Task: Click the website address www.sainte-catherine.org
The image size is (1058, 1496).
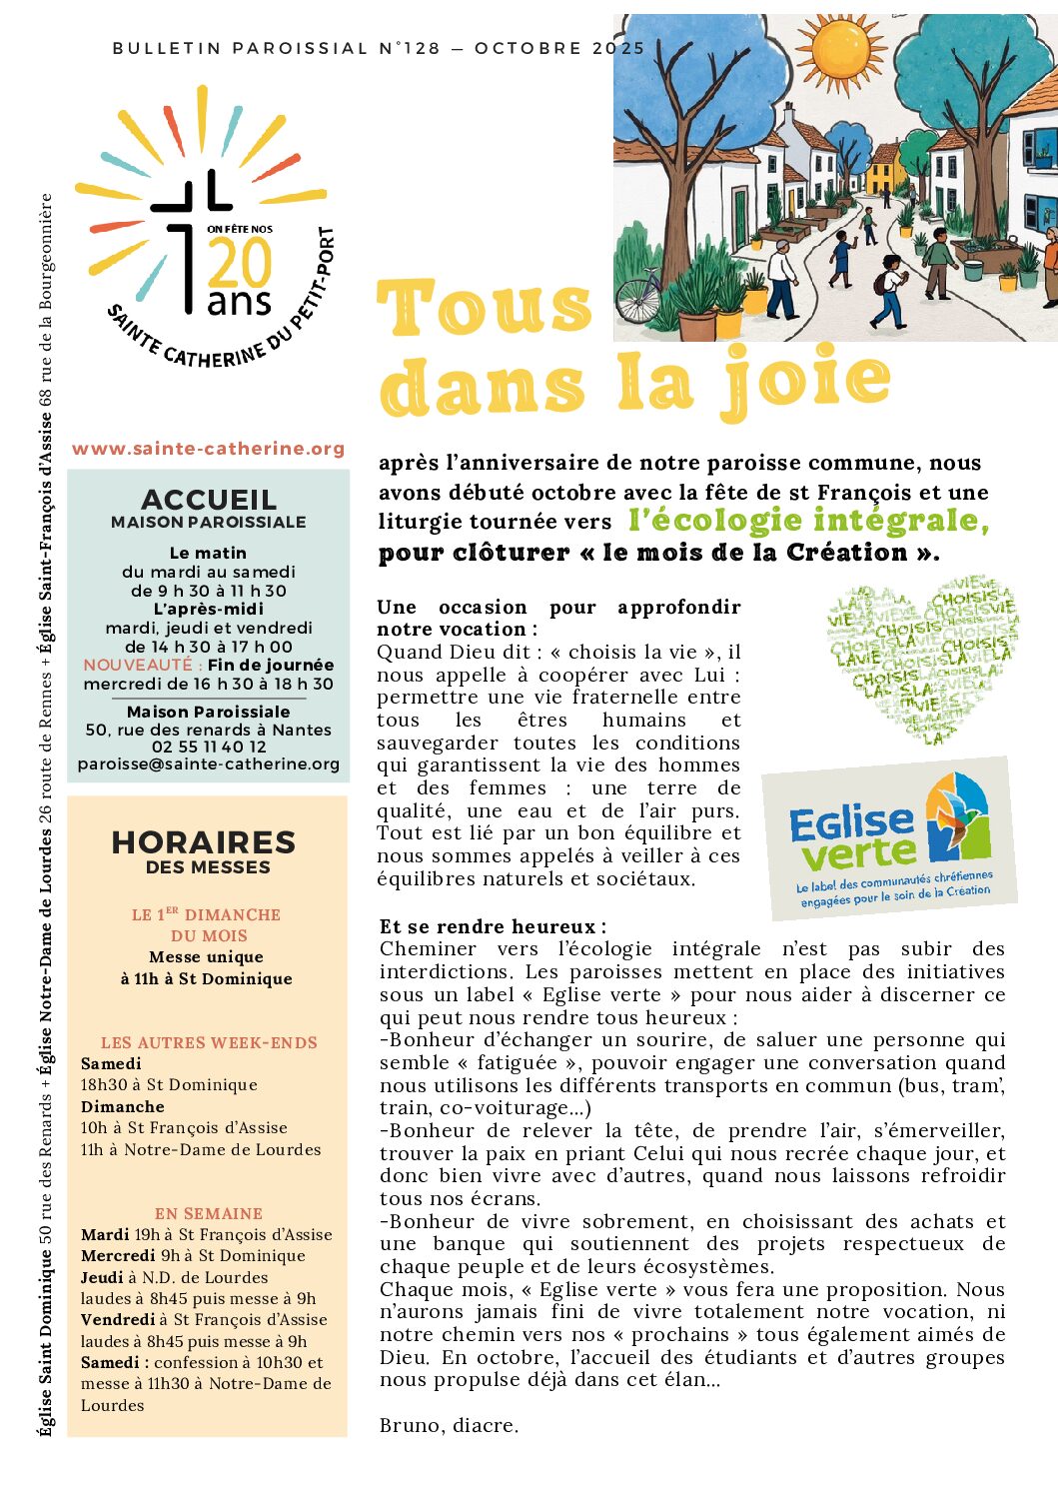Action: (x=208, y=449)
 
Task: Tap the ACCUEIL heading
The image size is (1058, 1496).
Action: (x=209, y=499)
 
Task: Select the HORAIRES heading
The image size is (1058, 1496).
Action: (x=204, y=842)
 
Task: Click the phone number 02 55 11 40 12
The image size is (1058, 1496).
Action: (x=209, y=747)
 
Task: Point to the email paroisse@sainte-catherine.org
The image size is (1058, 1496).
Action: (x=209, y=764)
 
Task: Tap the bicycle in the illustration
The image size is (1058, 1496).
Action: (x=637, y=297)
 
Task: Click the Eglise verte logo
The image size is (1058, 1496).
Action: (x=889, y=838)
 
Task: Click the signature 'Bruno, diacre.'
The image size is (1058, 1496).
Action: (x=449, y=1425)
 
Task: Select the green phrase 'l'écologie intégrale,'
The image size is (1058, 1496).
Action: (x=808, y=521)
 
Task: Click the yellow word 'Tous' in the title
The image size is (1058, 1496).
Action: (x=486, y=307)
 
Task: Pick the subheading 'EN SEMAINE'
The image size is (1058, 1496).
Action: (x=209, y=1213)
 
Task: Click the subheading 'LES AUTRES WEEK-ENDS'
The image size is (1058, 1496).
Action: (x=209, y=1042)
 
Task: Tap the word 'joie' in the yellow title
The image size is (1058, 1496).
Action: (x=805, y=381)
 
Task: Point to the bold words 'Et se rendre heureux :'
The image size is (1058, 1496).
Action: (x=493, y=926)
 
